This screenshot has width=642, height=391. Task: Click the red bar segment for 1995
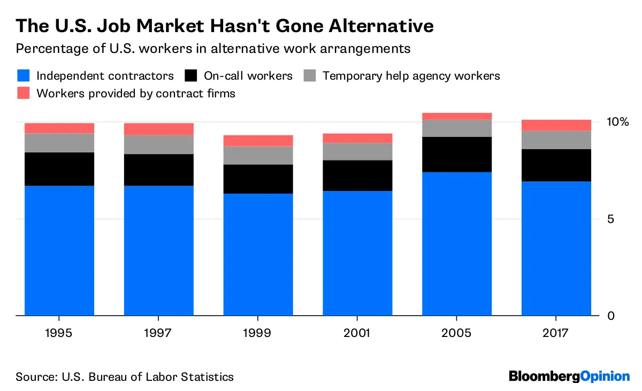[x=59, y=128]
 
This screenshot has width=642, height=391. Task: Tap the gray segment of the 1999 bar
[x=258, y=155]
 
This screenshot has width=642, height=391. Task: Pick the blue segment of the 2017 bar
[x=556, y=248]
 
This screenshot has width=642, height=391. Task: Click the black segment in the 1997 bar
[x=159, y=170]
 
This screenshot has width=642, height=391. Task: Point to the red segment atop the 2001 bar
[x=357, y=138]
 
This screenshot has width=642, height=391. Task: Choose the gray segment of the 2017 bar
[x=556, y=140]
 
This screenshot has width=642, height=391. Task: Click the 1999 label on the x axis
[x=258, y=333]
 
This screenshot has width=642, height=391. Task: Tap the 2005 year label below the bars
[x=457, y=333]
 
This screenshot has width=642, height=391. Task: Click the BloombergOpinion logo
[x=569, y=376]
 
